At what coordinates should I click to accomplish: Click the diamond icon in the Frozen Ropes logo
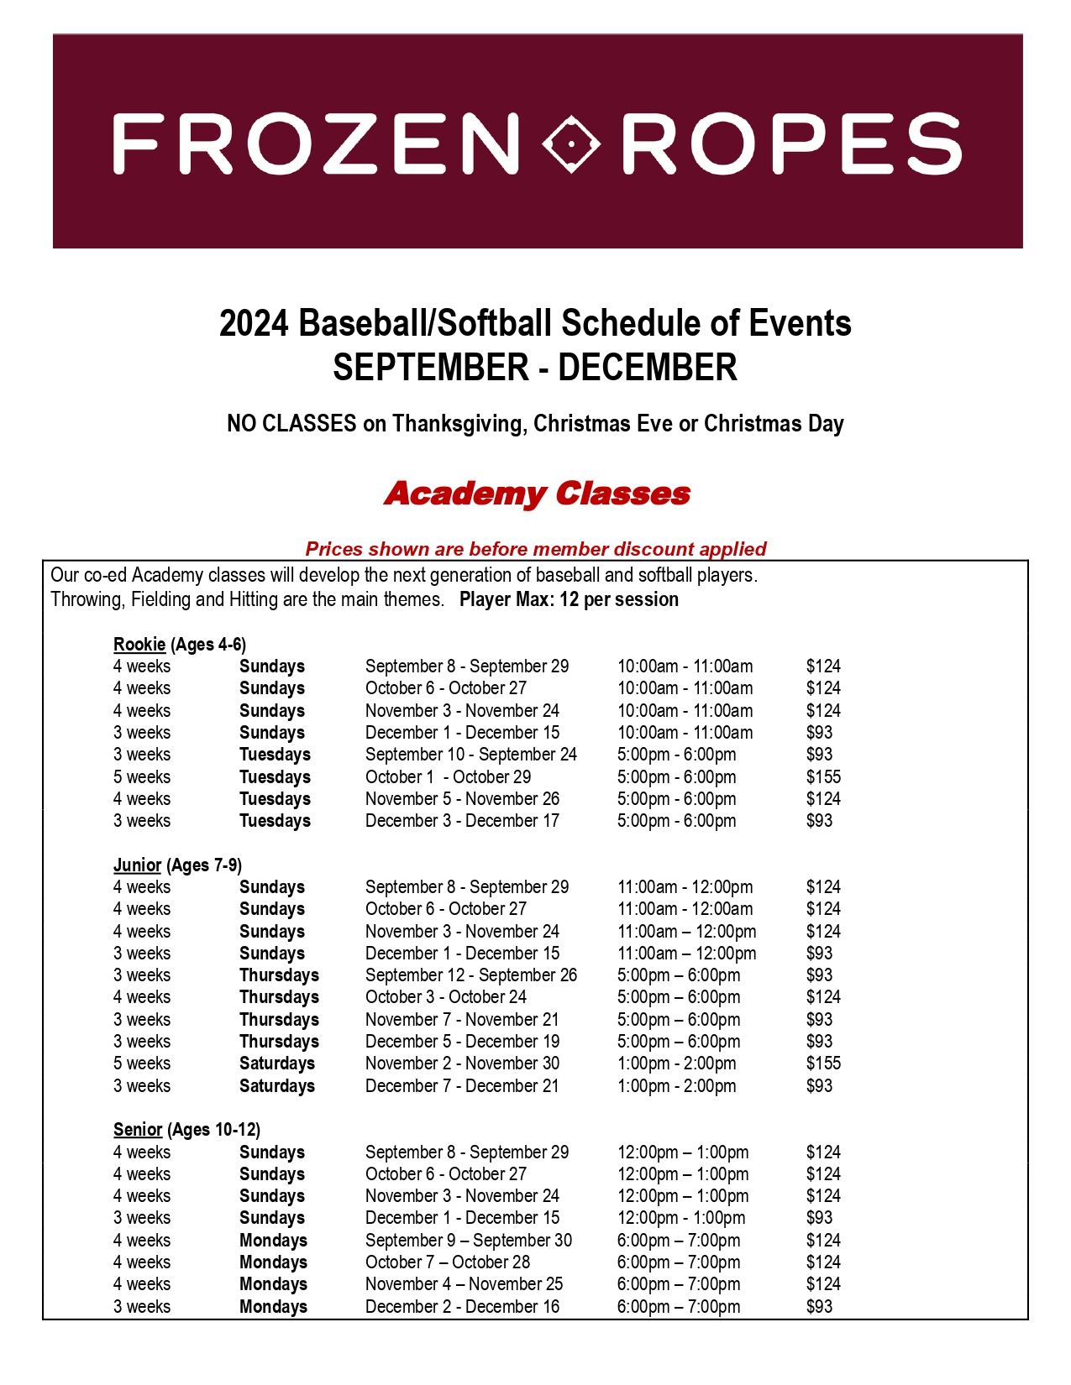(x=571, y=144)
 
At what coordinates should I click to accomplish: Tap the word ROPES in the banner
(x=791, y=144)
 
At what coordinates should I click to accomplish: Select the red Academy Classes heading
(x=537, y=494)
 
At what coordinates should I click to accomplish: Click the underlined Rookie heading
(x=139, y=645)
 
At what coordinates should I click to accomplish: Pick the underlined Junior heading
(x=137, y=865)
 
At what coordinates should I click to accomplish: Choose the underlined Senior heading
(x=138, y=1130)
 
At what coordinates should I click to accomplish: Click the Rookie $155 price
(x=823, y=777)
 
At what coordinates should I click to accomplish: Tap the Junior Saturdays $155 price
(x=823, y=1064)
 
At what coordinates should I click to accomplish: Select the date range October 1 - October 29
(x=448, y=777)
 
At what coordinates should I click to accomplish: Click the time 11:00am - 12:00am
(x=685, y=909)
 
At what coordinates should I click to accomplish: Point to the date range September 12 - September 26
(x=471, y=975)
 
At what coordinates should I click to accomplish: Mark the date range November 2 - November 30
(x=462, y=1064)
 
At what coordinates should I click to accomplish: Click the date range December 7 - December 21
(x=462, y=1086)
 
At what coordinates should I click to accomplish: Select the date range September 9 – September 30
(x=468, y=1241)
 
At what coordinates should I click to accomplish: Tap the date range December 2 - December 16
(x=462, y=1307)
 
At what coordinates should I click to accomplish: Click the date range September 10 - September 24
(x=471, y=755)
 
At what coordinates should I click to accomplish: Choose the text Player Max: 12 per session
(x=569, y=600)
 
